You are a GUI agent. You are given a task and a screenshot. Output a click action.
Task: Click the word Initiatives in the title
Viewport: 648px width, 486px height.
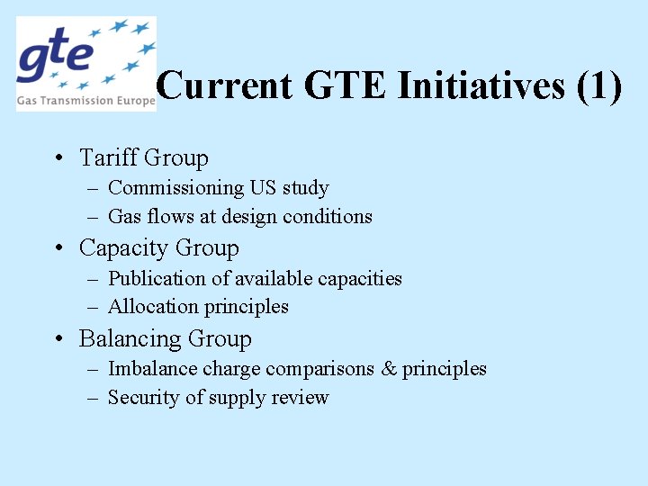pyautogui.click(x=481, y=86)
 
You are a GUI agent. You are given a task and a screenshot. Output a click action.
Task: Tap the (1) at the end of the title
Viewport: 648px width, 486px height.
pyautogui.click(x=599, y=86)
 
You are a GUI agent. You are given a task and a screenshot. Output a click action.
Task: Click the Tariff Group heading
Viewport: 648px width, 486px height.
pyautogui.click(x=144, y=158)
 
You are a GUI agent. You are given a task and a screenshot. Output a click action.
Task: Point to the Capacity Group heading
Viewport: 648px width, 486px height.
pyautogui.click(x=159, y=248)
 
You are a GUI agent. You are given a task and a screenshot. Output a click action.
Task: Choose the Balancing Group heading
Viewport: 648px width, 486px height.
pyautogui.click(x=166, y=339)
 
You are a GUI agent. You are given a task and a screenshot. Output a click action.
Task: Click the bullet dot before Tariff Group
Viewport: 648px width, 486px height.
pyautogui.click(x=58, y=159)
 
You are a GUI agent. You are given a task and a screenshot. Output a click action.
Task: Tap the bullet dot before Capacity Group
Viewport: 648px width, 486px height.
pyautogui.click(x=58, y=249)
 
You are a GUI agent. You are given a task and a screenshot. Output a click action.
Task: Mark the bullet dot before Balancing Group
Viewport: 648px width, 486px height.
pyautogui.click(x=58, y=340)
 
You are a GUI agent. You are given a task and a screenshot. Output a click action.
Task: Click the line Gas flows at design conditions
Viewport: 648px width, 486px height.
pyautogui.click(x=239, y=217)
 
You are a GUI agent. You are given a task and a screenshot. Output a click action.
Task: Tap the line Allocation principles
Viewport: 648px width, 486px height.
pyautogui.click(x=198, y=307)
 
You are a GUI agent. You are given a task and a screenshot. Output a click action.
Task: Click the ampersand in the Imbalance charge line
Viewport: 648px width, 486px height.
pyautogui.click(x=388, y=369)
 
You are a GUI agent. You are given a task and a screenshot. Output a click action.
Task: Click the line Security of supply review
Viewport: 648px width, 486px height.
pyautogui.click(x=218, y=398)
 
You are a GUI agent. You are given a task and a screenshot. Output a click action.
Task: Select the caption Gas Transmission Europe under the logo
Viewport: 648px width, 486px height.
pyautogui.click(x=85, y=102)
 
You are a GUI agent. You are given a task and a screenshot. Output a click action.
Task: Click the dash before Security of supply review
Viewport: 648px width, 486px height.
pyautogui.click(x=94, y=398)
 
